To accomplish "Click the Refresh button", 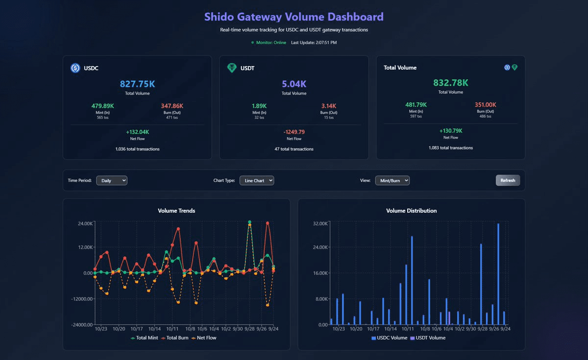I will click(x=508, y=180).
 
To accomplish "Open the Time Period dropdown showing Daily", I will click(x=112, y=181).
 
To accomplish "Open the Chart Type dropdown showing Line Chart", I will click(x=257, y=181).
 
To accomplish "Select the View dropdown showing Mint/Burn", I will click(x=392, y=181).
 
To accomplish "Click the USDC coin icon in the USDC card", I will click(x=75, y=68).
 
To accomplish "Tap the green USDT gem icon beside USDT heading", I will click(x=232, y=68).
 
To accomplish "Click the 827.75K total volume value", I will click(x=137, y=84).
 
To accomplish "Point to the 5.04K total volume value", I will click(x=294, y=84).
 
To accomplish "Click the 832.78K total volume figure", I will click(x=450, y=83).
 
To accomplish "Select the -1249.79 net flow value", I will click(x=294, y=132).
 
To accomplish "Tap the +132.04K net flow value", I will click(x=137, y=132).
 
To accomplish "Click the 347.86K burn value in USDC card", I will click(x=171, y=106).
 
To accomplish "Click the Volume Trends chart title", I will click(x=176, y=211).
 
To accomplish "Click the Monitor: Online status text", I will click(x=271, y=43).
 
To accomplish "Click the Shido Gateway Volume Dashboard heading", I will click(x=294, y=17).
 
